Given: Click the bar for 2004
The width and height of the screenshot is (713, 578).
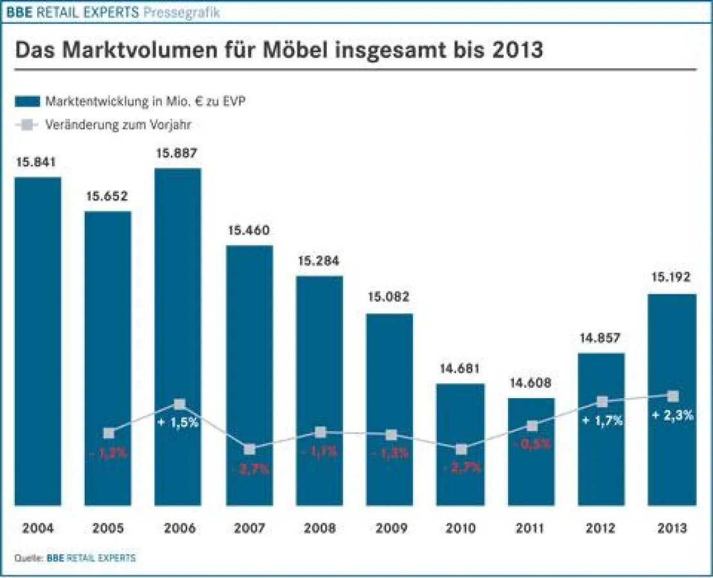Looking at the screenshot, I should click(x=38, y=340).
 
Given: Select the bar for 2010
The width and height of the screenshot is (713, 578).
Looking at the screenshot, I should click(x=461, y=443).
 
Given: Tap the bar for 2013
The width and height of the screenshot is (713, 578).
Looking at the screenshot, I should click(x=672, y=398).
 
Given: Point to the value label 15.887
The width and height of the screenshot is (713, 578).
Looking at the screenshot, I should click(x=178, y=153).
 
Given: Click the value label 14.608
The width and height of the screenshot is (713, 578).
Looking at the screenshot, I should click(x=531, y=383).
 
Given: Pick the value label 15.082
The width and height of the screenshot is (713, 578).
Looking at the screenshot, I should click(x=389, y=298).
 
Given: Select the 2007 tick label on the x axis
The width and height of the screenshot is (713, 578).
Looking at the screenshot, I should click(x=249, y=529).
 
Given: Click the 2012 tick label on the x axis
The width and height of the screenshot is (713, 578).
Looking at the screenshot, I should click(x=601, y=529).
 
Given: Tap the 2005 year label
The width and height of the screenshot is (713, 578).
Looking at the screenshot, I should click(x=108, y=529).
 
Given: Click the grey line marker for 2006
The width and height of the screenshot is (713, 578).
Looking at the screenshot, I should click(x=180, y=404).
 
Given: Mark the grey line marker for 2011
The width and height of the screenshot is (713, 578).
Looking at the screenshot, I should click(x=532, y=426).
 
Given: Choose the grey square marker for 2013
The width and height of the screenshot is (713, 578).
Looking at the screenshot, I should click(x=673, y=396).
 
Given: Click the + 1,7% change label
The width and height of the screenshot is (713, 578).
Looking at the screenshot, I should click(x=602, y=421).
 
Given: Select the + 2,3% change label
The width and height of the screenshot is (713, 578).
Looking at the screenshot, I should click(x=673, y=415).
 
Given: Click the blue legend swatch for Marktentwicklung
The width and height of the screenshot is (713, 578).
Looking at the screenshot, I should click(x=26, y=101).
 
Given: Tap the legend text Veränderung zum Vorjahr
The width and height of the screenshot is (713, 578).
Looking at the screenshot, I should click(x=118, y=125).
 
